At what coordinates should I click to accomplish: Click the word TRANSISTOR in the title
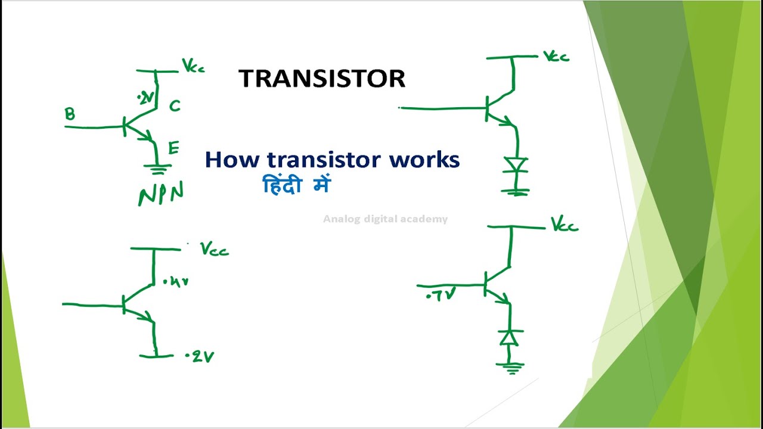[x=322, y=79]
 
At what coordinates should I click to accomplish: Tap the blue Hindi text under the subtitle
[x=296, y=186]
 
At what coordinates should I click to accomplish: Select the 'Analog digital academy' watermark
[x=385, y=219]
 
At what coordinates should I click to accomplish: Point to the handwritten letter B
[x=70, y=114]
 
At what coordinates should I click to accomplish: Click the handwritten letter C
[x=175, y=106]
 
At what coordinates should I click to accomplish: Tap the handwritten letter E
[x=173, y=148]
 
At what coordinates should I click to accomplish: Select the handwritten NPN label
[x=161, y=194]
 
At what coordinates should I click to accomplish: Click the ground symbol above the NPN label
[x=158, y=169]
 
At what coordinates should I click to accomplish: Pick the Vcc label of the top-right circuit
[x=556, y=57]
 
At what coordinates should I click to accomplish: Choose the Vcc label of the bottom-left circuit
[x=215, y=249]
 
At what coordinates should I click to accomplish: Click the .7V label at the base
[x=442, y=294]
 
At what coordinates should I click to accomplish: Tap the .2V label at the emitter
[x=200, y=357]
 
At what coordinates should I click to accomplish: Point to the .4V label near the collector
[x=176, y=281]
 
